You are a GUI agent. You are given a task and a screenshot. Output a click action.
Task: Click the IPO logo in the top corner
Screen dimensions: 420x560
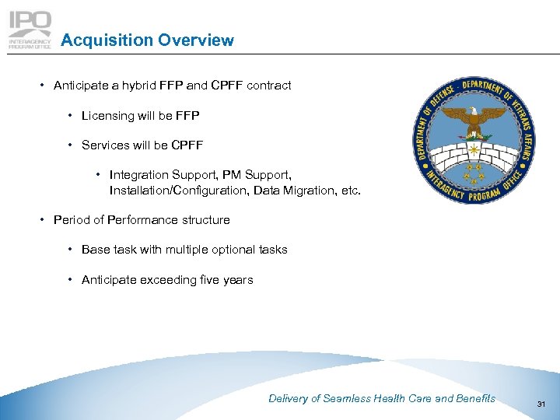30,30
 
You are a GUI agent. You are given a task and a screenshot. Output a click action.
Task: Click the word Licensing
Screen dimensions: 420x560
108,116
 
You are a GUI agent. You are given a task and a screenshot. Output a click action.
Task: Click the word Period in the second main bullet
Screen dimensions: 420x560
71,220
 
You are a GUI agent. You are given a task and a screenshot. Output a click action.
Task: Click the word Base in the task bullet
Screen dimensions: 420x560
95,250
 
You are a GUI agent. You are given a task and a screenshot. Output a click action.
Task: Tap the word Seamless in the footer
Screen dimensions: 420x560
347,398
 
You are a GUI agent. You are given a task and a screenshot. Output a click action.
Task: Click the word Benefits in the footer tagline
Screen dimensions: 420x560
475,398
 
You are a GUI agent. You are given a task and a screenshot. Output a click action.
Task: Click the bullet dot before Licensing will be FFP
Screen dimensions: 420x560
71,116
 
